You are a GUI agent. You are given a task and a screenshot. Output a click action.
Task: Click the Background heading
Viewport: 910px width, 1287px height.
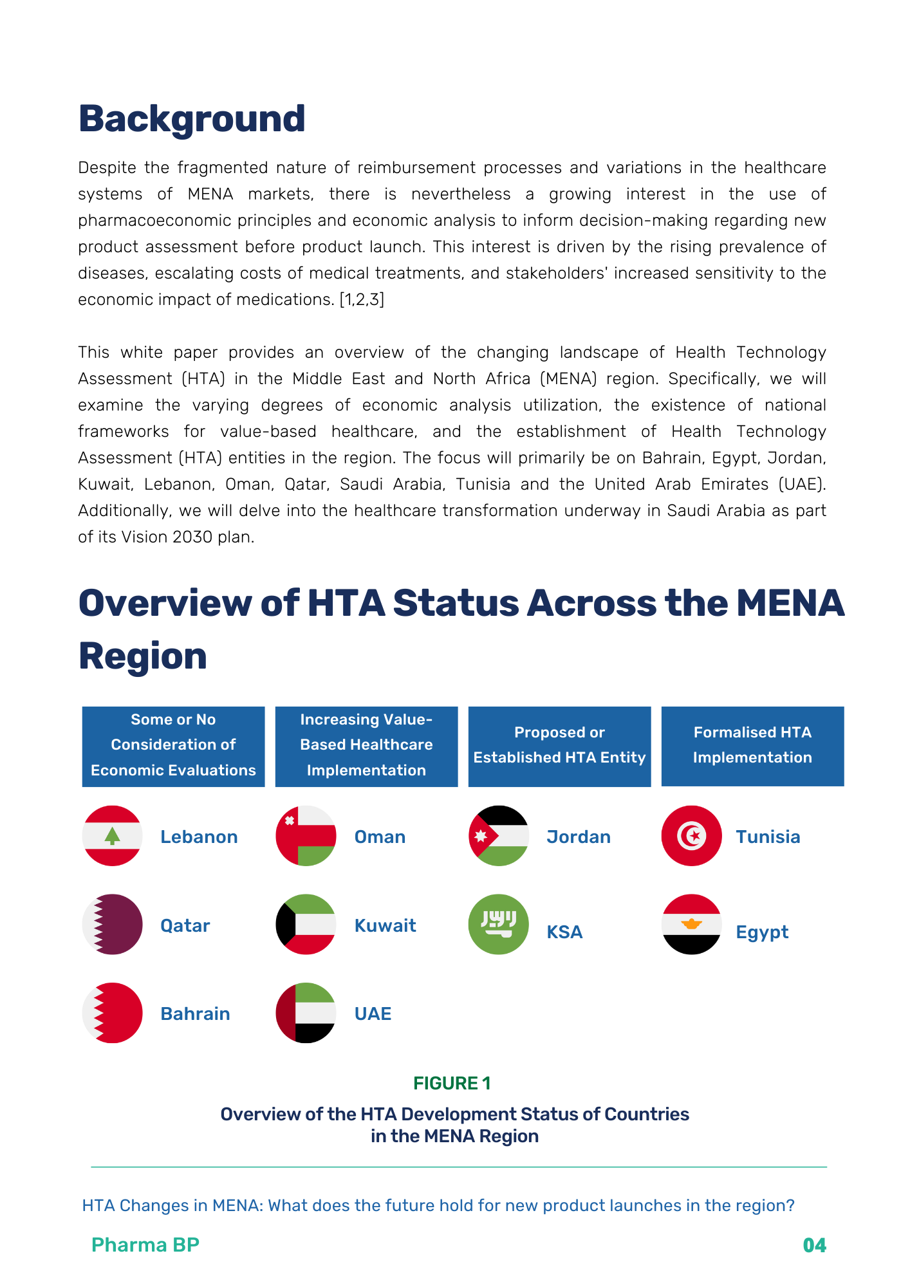pos(192,119)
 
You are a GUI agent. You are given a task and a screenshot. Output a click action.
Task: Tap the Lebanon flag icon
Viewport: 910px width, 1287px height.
pos(113,836)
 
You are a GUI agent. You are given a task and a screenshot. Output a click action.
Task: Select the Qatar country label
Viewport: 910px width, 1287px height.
pos(185,925)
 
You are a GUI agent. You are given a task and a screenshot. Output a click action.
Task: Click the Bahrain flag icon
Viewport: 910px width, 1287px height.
pos(113,1013)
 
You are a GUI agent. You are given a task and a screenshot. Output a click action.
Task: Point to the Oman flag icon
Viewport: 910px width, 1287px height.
pos(306,836)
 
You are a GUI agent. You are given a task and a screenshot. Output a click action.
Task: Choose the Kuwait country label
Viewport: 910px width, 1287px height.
pos(385,925)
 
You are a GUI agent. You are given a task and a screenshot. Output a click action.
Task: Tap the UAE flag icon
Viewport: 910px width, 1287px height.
pos(306,1013)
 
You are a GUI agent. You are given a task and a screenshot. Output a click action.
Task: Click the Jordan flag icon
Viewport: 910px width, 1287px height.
pos(499,836)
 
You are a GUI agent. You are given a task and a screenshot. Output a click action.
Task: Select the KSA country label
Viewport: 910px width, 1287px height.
pos(564,932)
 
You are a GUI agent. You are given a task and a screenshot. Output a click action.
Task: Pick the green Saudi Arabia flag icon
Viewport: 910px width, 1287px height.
pos(499,924)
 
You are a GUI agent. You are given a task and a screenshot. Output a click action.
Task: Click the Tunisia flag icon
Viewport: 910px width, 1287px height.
pos(692,836)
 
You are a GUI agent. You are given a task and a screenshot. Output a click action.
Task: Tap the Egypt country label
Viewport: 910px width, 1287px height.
pos(762,932)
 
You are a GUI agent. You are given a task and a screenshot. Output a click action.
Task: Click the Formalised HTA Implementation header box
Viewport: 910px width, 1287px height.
pos(752,746)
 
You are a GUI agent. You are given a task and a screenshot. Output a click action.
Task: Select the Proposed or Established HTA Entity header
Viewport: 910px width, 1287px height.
pos(559,746)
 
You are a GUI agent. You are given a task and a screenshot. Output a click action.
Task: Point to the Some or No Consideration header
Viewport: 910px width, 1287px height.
pos(173,746)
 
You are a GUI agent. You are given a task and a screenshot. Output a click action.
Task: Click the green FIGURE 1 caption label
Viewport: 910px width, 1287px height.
pos(452,1083)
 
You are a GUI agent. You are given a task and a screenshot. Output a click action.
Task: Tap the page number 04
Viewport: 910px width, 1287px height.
pos(814,1245)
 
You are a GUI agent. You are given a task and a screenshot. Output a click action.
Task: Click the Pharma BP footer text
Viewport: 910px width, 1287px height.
pos(145,1245)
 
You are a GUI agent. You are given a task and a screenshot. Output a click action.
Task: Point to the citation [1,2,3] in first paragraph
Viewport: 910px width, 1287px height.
pos(362,300)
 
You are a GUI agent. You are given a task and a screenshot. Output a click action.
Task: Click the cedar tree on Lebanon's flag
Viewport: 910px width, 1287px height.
pos(113,836)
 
